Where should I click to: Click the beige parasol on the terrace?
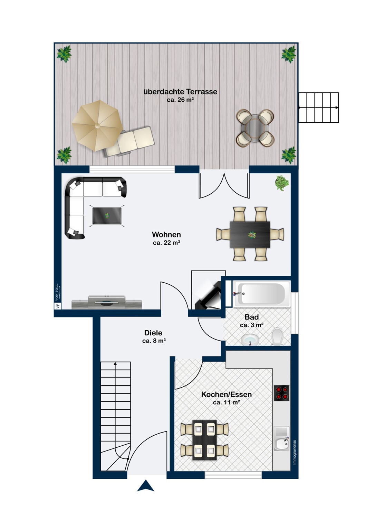[x=97, y=125]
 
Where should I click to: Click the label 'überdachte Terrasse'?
[x=180, y=92]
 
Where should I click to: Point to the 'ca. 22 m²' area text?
[x=166, y=243]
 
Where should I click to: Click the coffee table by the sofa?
[x=107, y=216]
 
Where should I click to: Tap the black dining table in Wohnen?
[x=250, y=234]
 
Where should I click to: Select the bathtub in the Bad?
[x=261, y=294]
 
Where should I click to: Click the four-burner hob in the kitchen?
[x=282, y=393]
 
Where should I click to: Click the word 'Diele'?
[x=153, y=333]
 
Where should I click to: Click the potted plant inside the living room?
[x=282, y=183]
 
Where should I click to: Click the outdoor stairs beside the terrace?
[x=319, y=108]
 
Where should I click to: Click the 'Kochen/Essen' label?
[x=227, y=394]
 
